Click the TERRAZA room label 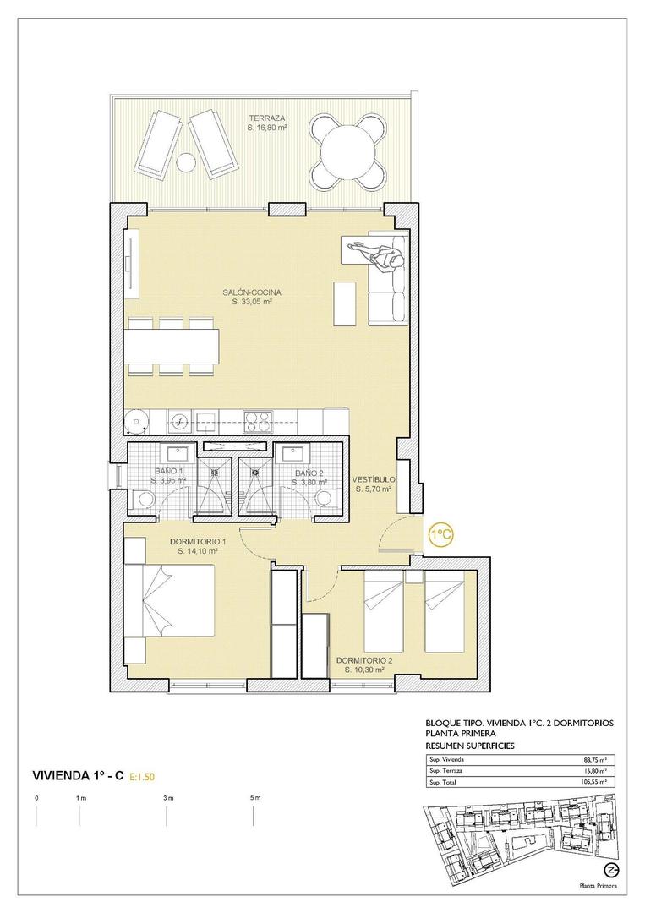(x=265, y=118)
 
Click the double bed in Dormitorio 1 (x=177, y=601)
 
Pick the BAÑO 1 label (x=168, y=472)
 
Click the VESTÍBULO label (x=374, y=479)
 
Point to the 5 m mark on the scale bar (x=255, y=798)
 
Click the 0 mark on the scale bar (x=36, y=798)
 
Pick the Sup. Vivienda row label (x=447, y=759)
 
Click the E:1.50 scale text (x=143, y=774)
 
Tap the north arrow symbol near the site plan (x=608, y=870)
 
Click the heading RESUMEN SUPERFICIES (x=470, y=746)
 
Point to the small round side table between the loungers (x=185, y=161)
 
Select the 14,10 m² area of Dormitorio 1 (x=198, y=550)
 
